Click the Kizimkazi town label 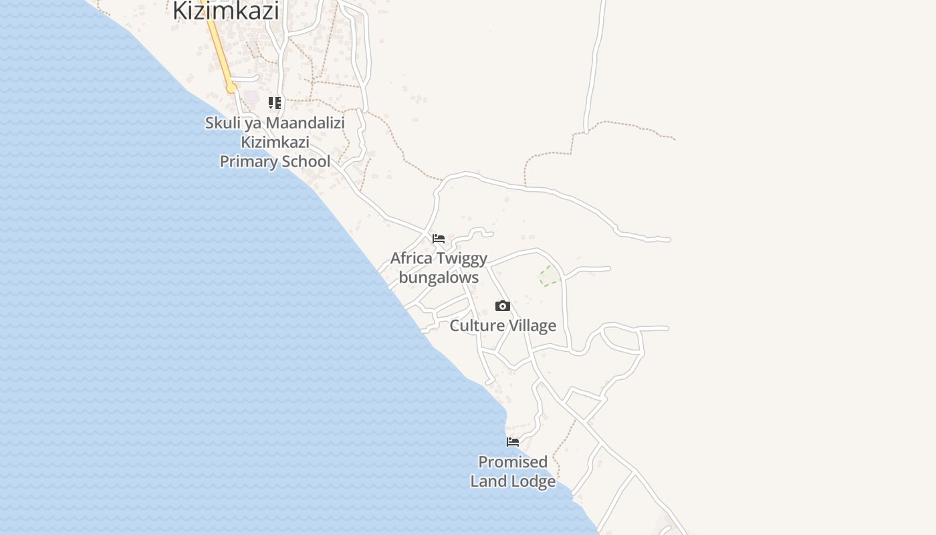[225, 10]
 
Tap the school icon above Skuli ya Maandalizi [275, 103]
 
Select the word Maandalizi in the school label [306, 123]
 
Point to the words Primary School [275, 161]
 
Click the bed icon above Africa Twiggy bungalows [439, 238]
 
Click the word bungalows [439, 278]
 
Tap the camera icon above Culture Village [503, 306]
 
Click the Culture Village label [503, 326]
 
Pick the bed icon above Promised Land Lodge [513, 442]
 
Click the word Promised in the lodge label [513, 462]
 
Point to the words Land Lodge [513, 481]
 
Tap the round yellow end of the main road [231, 88]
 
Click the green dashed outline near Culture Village [549, 276]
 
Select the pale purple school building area [251, 98]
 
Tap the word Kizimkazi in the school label [275, 142]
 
